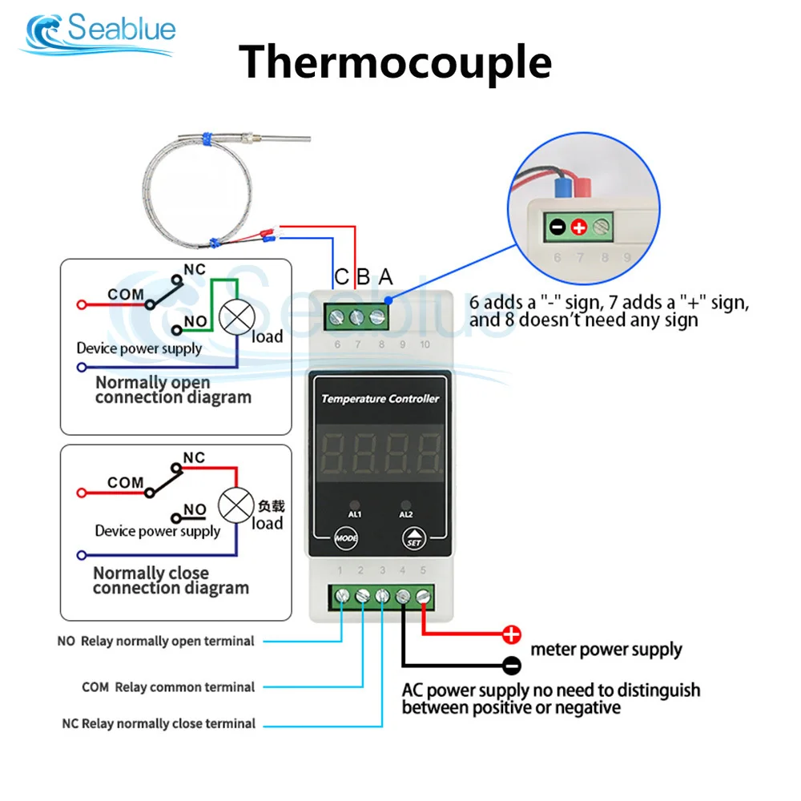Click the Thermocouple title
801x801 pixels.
pyautogui.click(x=396, y=63)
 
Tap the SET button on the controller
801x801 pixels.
pyautogui.click(x=414, y=538)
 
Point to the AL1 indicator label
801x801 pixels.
pyautogui.click(x=355, y=514)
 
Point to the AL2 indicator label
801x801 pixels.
pyautogui.click(x=405, y=514)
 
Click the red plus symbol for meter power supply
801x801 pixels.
pyautogui.click(x=511, y=634)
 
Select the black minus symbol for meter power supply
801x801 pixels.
pyautogui.click(x=511, y=665)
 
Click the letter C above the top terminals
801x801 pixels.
pyautogui.click(x=342, y=277)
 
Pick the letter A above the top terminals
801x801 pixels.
pyautogui.click(x=386, y=277)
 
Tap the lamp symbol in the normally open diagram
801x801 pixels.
pyautogui.click(x=236, y=317)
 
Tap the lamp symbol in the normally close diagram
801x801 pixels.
pyautogui.click(x=236, y=505)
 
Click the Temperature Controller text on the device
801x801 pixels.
pyautogui.click(x=380, y=399)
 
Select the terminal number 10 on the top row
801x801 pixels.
pyautogui.click(x=425, y=344)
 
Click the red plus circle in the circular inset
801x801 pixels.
pyautogui.click(x=579, y=227)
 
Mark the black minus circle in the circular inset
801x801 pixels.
pyautogui.click(x=557, y=227)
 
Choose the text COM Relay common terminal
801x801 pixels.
pyautogui.click(x=168, y=687)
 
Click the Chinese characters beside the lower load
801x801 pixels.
pyautogui.click(x=272, y=505)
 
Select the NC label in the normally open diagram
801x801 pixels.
pyautogui.click(x=195, y=269)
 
